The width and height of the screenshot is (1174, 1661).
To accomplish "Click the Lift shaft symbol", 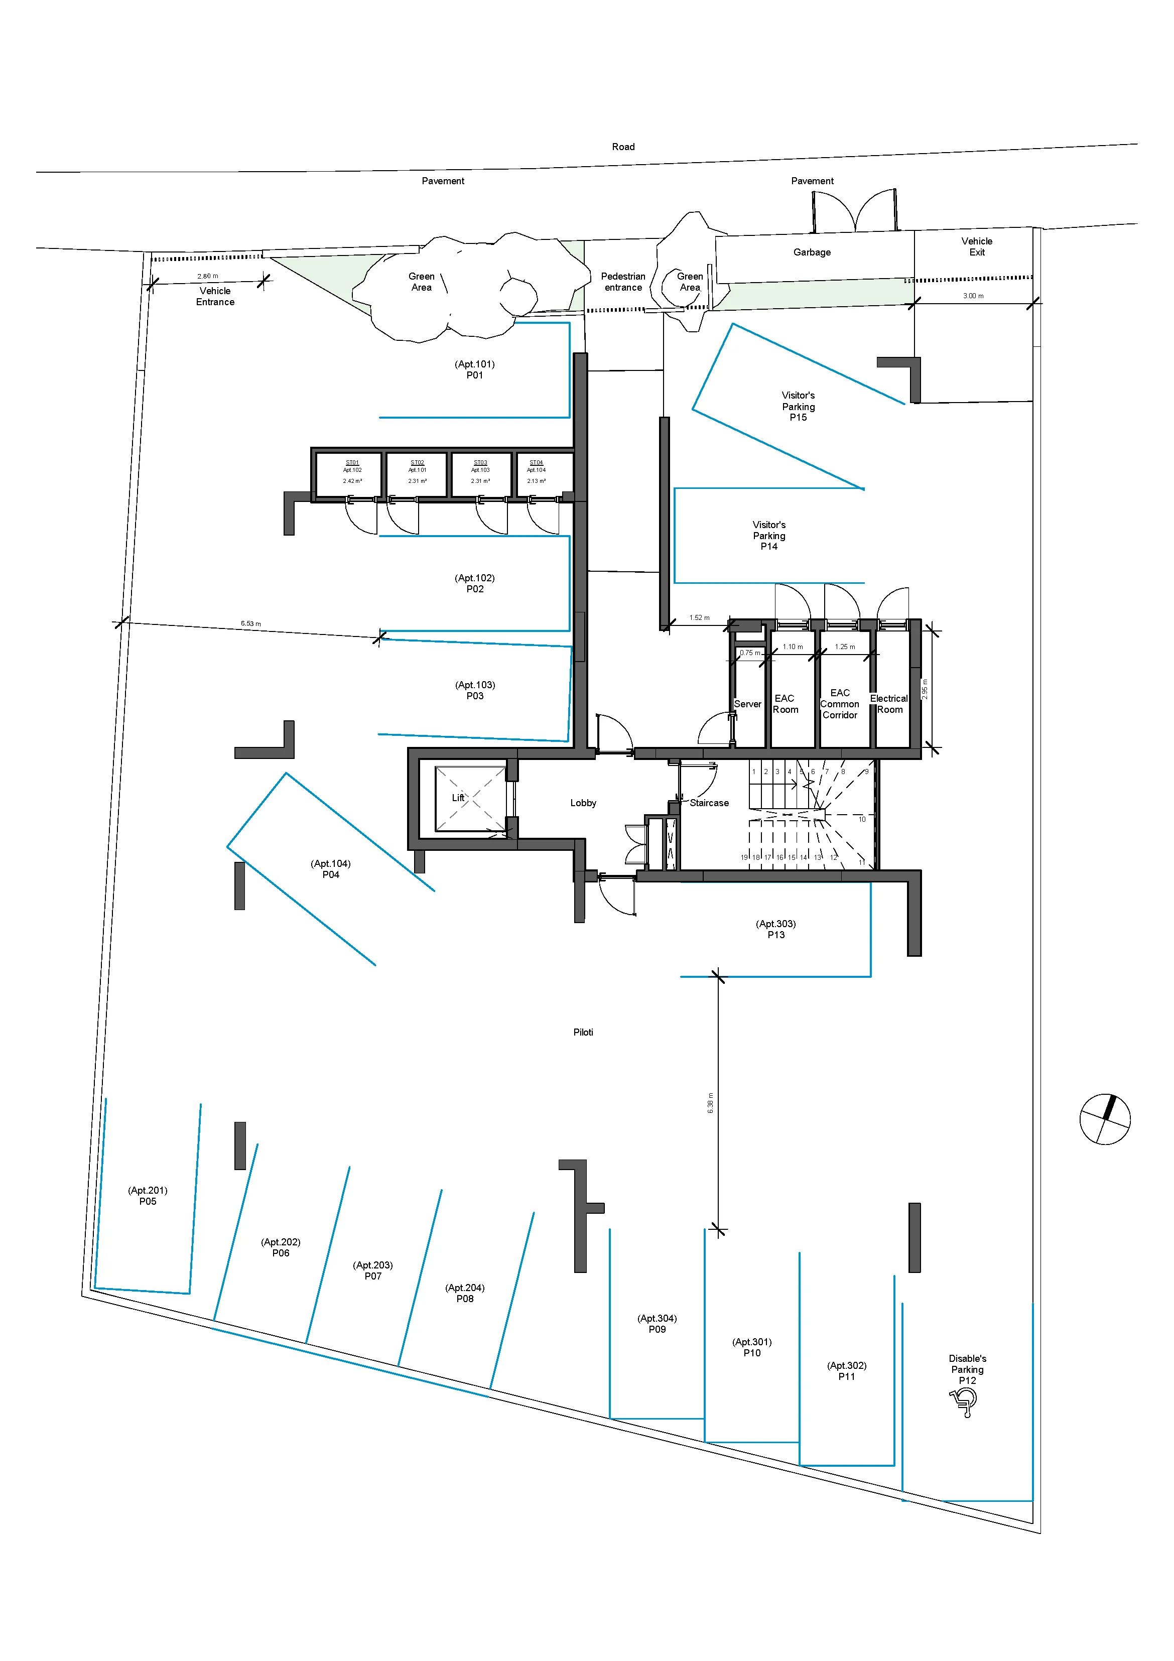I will (469, 798).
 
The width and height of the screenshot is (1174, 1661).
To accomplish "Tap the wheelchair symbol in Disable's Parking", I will (964, 1402).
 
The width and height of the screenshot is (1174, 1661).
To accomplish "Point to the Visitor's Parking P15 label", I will (798, 406).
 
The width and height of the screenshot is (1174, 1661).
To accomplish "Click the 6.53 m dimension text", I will (251, 623).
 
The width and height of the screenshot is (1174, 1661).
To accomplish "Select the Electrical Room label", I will (889, 703).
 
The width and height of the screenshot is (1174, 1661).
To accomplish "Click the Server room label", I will (747, 704).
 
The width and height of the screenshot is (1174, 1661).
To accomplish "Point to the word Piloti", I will (583, 1033).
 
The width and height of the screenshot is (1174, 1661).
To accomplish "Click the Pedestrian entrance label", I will (623, 282).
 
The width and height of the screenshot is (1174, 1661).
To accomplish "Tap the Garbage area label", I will (812, 252).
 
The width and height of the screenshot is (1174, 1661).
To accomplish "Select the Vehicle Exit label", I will (977, 246).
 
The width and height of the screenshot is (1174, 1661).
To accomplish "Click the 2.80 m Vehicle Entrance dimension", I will (208, 276).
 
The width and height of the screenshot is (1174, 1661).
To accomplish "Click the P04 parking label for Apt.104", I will (331, 869).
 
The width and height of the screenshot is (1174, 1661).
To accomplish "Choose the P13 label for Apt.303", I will (775, 929).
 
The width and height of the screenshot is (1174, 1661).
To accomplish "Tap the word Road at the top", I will (623, 147).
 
